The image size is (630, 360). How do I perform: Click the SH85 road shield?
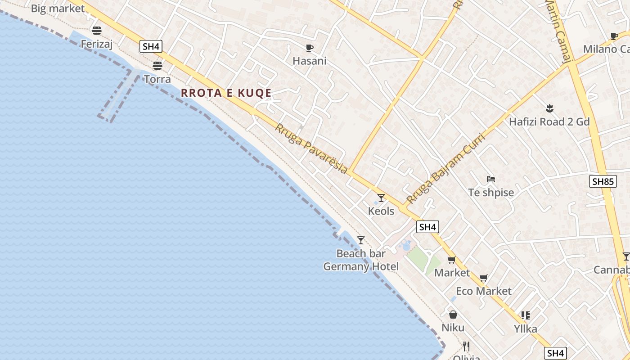603,182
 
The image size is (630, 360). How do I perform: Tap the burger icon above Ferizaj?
96,31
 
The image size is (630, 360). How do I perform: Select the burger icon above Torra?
157,66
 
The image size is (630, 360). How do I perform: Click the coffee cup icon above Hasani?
309,48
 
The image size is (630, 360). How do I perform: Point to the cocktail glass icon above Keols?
381,198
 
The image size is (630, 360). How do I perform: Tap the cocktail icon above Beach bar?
360,240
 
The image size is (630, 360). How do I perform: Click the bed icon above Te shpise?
491,179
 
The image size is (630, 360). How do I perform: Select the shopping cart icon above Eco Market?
484,278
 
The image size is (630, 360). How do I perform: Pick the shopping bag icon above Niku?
453,315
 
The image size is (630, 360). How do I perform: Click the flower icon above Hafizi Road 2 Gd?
549,108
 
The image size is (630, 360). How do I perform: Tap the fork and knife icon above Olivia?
466,346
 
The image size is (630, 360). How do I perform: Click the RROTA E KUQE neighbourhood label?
226,93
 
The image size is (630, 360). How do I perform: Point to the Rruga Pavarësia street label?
311,148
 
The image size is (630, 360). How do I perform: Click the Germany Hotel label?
361,266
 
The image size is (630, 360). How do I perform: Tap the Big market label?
58,9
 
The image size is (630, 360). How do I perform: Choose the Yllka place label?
526,329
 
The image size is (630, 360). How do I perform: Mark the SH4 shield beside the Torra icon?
150,46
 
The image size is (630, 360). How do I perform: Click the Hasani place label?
310,61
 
